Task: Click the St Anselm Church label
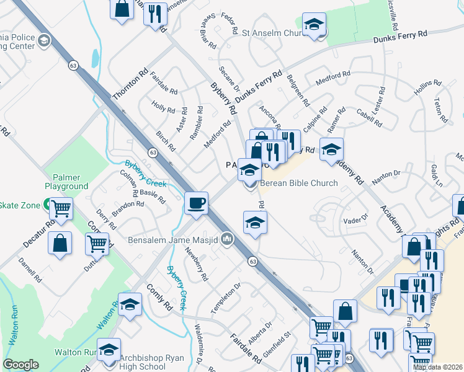coord(271,33)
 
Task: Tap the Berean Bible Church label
coord(298,183)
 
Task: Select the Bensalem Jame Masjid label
coord(173,240)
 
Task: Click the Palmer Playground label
coord(66,182)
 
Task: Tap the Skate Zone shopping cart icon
coord(61,210)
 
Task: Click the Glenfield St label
coord(277,345)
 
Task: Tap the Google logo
coord(20,365)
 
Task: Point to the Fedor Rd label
coord(230,23)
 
